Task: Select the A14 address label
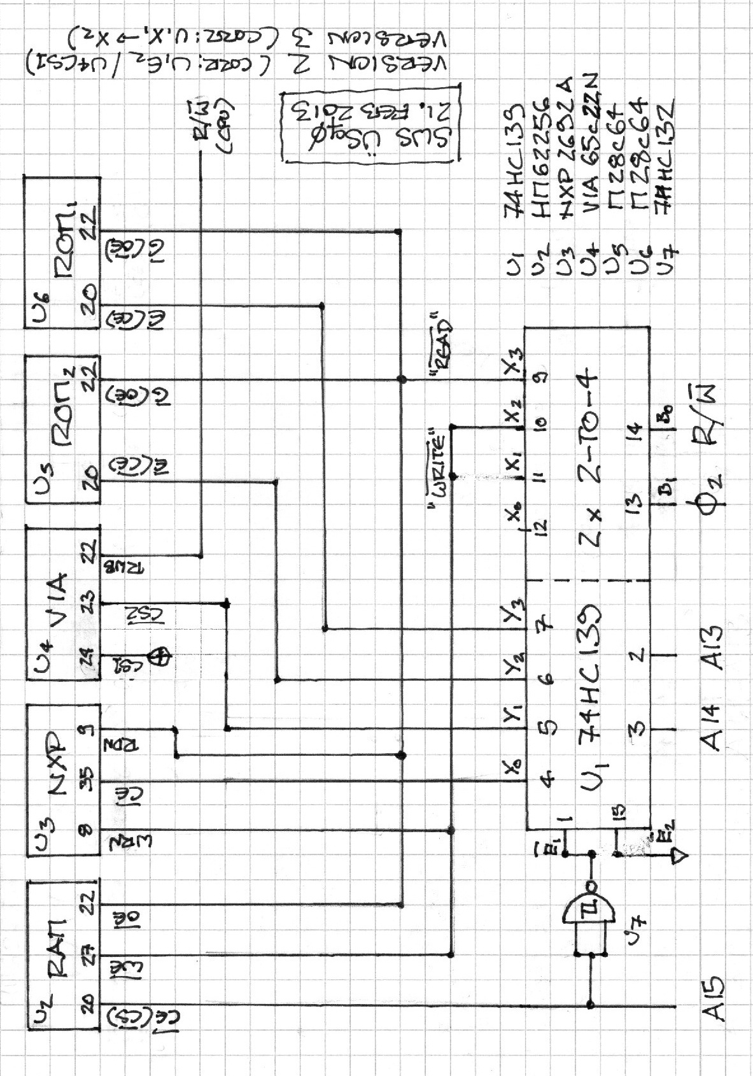click(x=715, y=727)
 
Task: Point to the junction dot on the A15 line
click(x=591, y=1005)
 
